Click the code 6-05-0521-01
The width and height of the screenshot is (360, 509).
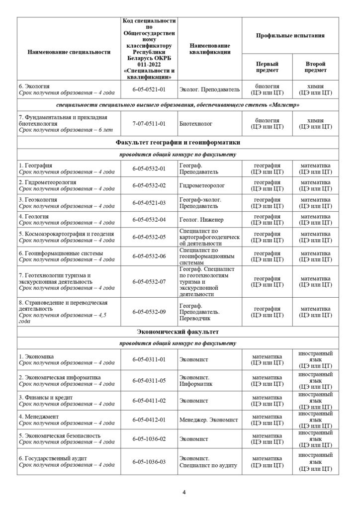click(149, 89)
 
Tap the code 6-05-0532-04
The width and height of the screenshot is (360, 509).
click(149, 220)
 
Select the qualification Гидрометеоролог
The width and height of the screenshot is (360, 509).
click(201, 185)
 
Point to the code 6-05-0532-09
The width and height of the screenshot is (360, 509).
click(149, 311)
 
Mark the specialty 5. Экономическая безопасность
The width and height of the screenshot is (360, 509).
click(59, 435)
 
